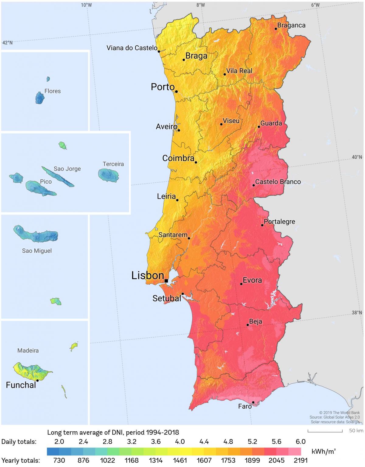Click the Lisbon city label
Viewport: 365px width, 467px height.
[x=148, y=276]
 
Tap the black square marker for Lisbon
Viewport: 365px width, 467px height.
[x=166, y=281]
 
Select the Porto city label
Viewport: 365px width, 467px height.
[x=163, y=87]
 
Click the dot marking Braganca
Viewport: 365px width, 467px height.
[x=276, y=29]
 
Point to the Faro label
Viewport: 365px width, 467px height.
[x=245, y=406]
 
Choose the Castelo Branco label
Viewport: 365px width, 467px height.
[x=278, y=182]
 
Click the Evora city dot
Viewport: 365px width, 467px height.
[x=241, y=284]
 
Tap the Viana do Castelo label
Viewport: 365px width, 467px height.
[x=132, y=48]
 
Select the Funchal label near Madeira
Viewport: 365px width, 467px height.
[x=21, y=385]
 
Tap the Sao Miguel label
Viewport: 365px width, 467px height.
[x=37, y=251]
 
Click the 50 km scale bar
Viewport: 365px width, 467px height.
[x=325, y=431]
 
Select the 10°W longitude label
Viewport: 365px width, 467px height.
[x=86, y=5]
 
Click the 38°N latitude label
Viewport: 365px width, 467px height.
[x=357, y=313]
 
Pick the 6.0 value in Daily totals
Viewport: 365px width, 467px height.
[x=300, y=441]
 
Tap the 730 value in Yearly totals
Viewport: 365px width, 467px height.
[x=59, y=460]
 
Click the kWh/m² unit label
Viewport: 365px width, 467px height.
[x=324, y=451]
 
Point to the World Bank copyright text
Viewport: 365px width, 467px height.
[x=339, y=413]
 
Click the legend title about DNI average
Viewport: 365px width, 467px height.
[x=113, y=432]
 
